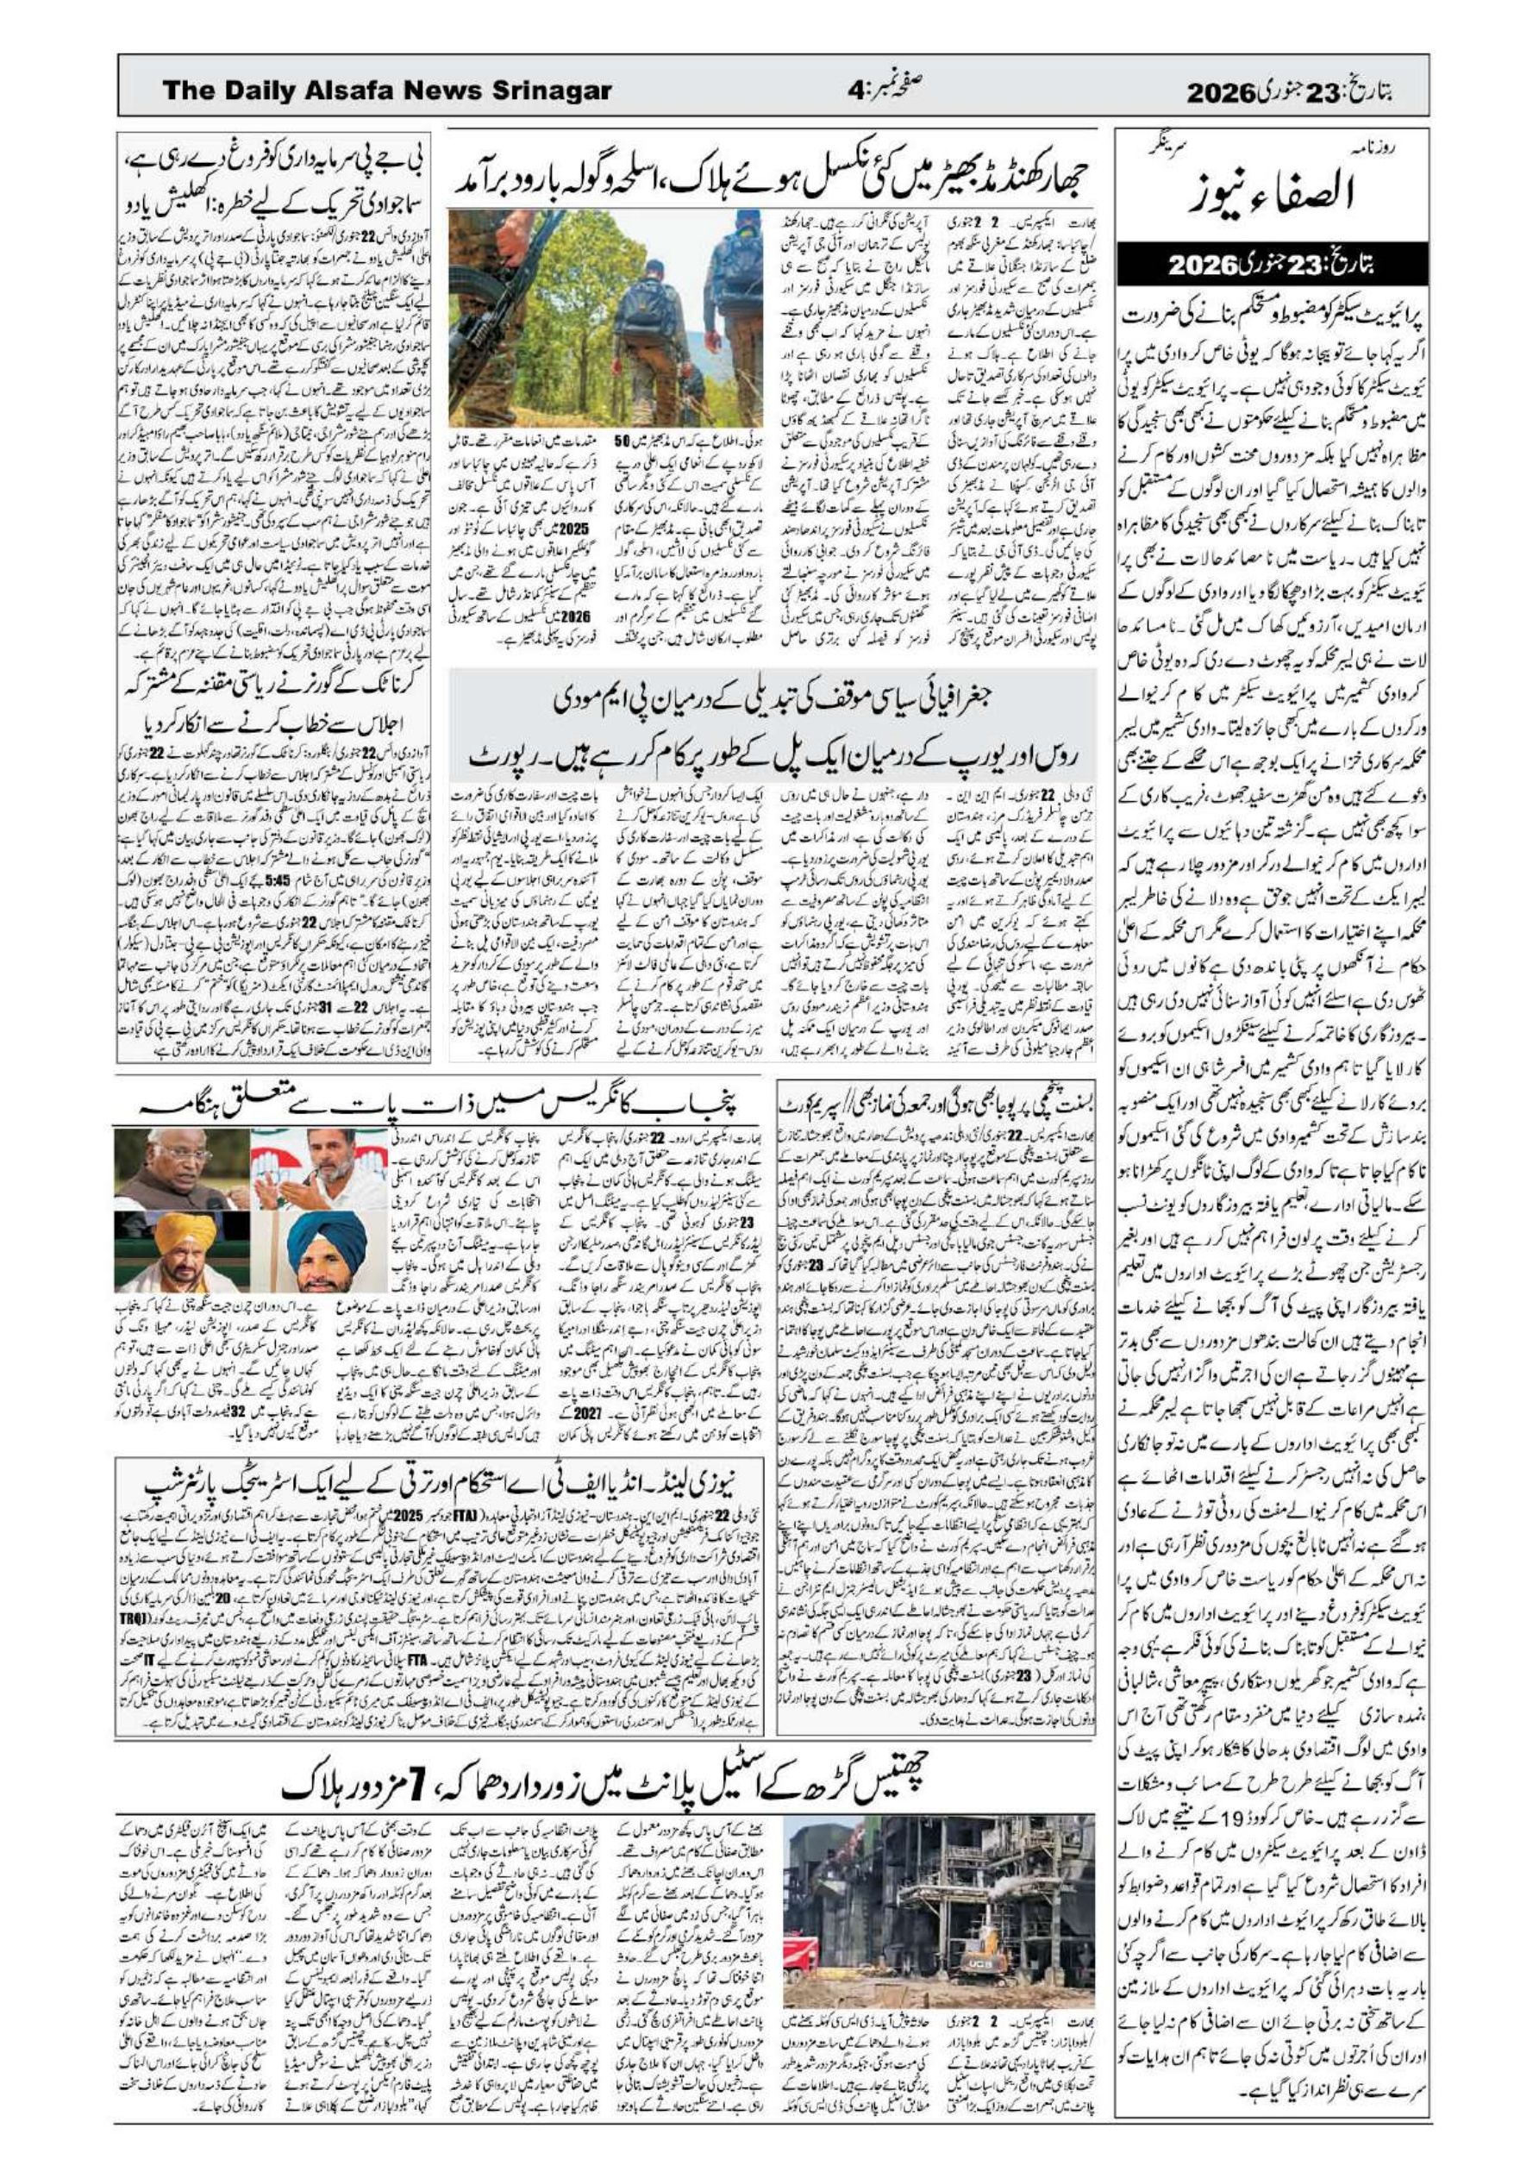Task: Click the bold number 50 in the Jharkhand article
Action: (x=622, y=442)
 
